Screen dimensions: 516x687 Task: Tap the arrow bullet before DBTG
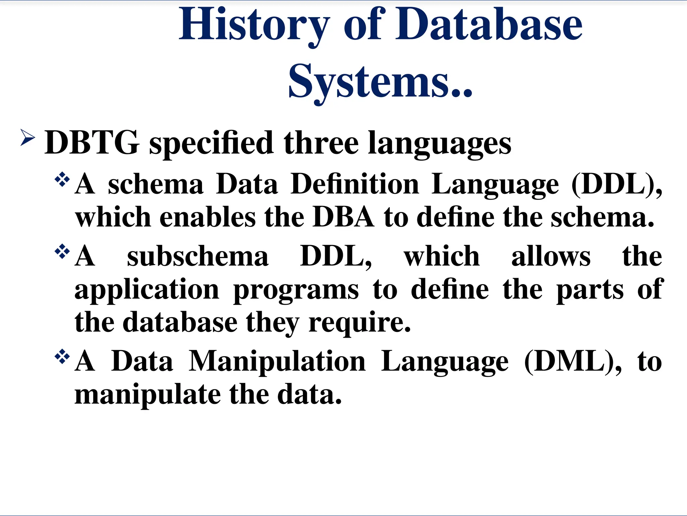[28, 138]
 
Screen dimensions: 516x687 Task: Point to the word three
[321, 143]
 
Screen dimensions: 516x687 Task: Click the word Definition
[355, 184]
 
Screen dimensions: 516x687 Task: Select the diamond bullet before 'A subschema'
[62, 252]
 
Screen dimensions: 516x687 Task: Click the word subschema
[198, 257]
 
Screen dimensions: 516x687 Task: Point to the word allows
[550, 257]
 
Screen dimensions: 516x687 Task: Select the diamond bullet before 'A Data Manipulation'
[62, 357]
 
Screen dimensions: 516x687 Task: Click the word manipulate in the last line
[148, 395]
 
